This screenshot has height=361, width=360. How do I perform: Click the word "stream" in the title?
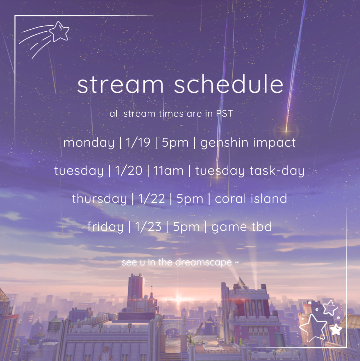[120, 85]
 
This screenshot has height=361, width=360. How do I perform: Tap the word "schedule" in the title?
[229, 84]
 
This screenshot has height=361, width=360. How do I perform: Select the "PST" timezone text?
[224, 114]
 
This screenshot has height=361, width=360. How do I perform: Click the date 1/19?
[138, 142]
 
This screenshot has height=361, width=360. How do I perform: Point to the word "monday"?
[89, 143]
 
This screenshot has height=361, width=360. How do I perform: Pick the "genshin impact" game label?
[248, 143]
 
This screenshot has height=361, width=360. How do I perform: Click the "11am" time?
[168, 171]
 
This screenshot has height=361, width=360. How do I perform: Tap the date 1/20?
[129, 171]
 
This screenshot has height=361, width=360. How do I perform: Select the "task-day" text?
[277, 171]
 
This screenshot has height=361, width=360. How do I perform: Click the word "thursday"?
[99, 199]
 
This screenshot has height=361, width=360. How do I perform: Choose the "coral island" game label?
[251, 199]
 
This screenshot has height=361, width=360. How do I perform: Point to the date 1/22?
[151, 199]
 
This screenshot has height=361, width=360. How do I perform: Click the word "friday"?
[105, 227]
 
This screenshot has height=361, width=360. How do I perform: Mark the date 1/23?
[148, 227]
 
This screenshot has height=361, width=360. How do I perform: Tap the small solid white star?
[336, 329]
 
